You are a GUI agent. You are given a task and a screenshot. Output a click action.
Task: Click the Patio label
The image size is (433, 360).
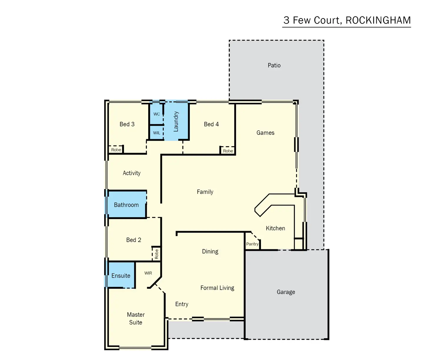(274, 65)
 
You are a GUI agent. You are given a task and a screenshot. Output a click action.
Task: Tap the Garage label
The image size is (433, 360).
(286, 292)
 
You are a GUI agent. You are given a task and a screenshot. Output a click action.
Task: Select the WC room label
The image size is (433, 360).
(156, 114)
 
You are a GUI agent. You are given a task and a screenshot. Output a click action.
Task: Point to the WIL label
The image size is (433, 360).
(156, 133)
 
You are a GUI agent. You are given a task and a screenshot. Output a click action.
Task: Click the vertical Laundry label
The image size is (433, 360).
(176, 121)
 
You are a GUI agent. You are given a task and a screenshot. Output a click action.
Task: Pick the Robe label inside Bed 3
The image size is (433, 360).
(116, 150)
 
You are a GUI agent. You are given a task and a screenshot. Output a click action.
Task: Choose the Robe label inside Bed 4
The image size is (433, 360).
(228, 151)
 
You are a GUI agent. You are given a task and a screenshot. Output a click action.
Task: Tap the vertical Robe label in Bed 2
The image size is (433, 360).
(156, 254)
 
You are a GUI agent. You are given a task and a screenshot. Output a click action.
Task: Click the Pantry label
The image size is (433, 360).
(252, 244)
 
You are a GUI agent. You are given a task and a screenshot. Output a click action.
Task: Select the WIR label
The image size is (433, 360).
(148, 273)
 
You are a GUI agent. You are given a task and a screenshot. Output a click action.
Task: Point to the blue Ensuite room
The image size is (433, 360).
(121, 275)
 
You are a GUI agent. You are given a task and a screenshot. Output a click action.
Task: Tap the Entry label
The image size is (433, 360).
(182, 304)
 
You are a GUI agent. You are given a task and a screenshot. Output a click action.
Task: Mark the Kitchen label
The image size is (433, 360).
(275, 228)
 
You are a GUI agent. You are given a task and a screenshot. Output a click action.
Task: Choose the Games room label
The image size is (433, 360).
(265, 132)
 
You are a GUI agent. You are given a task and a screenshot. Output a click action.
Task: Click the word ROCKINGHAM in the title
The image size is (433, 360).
(378, 20)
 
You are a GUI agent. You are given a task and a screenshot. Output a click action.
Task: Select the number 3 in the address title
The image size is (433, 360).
(287, 20)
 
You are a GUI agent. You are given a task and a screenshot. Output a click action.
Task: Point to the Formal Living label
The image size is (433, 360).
(217, 288)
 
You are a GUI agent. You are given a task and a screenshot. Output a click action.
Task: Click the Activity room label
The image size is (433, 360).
(131, 173)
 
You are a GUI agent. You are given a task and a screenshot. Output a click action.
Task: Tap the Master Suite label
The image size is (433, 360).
(136, 318)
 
